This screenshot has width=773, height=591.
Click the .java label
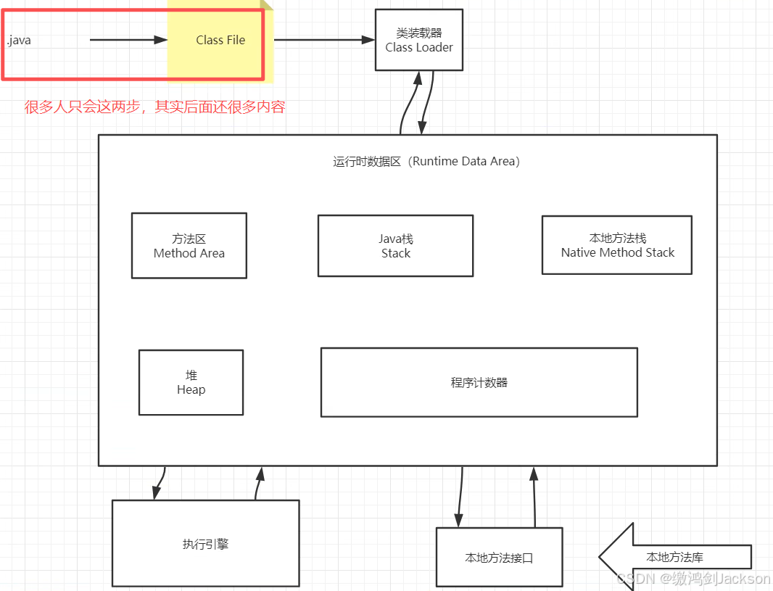(x=19, y=41)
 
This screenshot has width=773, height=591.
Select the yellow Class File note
(x=220, y=41)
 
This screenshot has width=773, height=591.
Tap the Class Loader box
(x=418, y=41)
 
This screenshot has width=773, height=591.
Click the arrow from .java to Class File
(x=128, y=40)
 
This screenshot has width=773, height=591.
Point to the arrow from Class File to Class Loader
(x=324, y=40)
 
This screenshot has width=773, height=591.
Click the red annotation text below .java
(x=154, y=107)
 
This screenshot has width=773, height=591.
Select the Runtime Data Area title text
(x=426, y=162)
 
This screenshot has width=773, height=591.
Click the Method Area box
(x=189, y=246)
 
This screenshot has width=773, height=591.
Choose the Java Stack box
(x=395, y=246)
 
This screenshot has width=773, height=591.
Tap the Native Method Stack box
(x=617, y=245)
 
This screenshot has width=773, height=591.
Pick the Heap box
(x=191, y=382)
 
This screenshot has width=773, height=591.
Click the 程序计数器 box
(x=479, y=382)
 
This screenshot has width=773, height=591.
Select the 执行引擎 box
(x=205, y=543)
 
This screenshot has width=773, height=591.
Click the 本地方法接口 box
(x=499, y=558)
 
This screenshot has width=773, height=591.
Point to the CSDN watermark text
(x=693, y=579)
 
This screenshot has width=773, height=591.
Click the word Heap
(x=191, y=390)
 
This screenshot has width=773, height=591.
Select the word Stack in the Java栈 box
(x=395, y=254)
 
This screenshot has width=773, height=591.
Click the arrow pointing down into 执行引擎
(x=160, y=483)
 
